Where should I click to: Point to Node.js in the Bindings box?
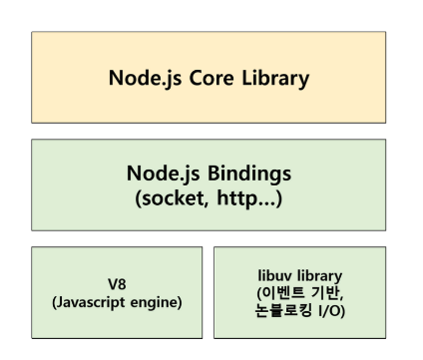click(x=163, y=174)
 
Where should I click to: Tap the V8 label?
click(x=116, y=282)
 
